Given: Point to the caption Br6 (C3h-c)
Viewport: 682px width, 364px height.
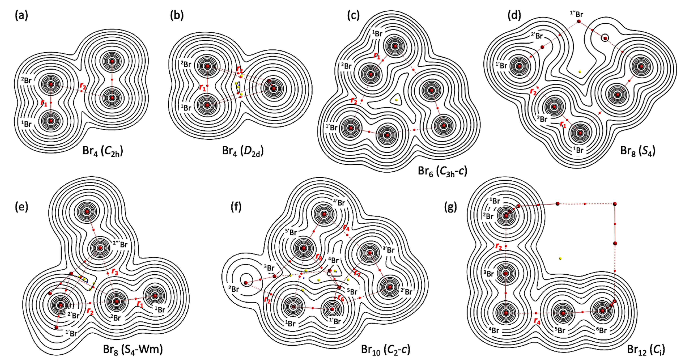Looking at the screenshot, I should pyautogui.click(x=442, y=172).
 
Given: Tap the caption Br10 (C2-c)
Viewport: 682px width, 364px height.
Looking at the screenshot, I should pyautogui.click(x=385, y=350).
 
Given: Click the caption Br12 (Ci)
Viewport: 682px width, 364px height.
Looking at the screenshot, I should pyautogui.click(x=646, y=350).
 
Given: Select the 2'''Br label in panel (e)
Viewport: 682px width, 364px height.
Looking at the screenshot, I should pyautogui.click(x=120, y=244).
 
